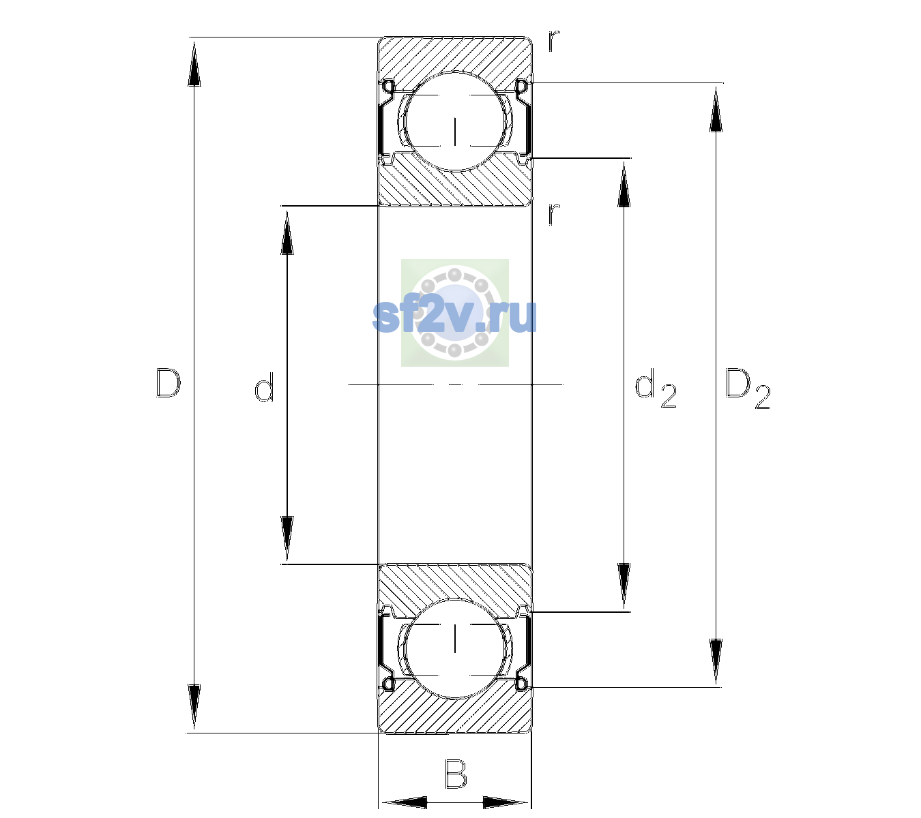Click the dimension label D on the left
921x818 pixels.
pos(169,383)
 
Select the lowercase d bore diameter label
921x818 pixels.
pos(264,387)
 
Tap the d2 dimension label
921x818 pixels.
pos(656,389)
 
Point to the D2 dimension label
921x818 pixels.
pos(748,389)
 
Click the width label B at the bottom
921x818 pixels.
pos(456,774)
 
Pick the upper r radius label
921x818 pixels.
pos(554,41)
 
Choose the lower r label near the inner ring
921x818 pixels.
pos(554,214)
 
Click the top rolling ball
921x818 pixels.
pos(455,121)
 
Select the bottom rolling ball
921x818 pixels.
pos(455,648)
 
